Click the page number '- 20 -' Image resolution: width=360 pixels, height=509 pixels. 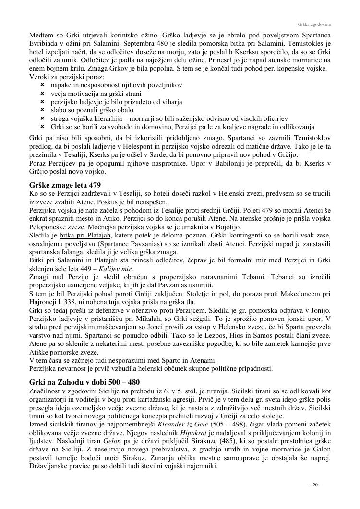pyautogui.click(x=315, y=485)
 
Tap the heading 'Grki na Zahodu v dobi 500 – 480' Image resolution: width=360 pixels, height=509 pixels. pyautogui.click(x=84, y=382)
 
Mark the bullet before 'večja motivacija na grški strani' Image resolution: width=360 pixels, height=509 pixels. pyautogui.click(x=42, y=94)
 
